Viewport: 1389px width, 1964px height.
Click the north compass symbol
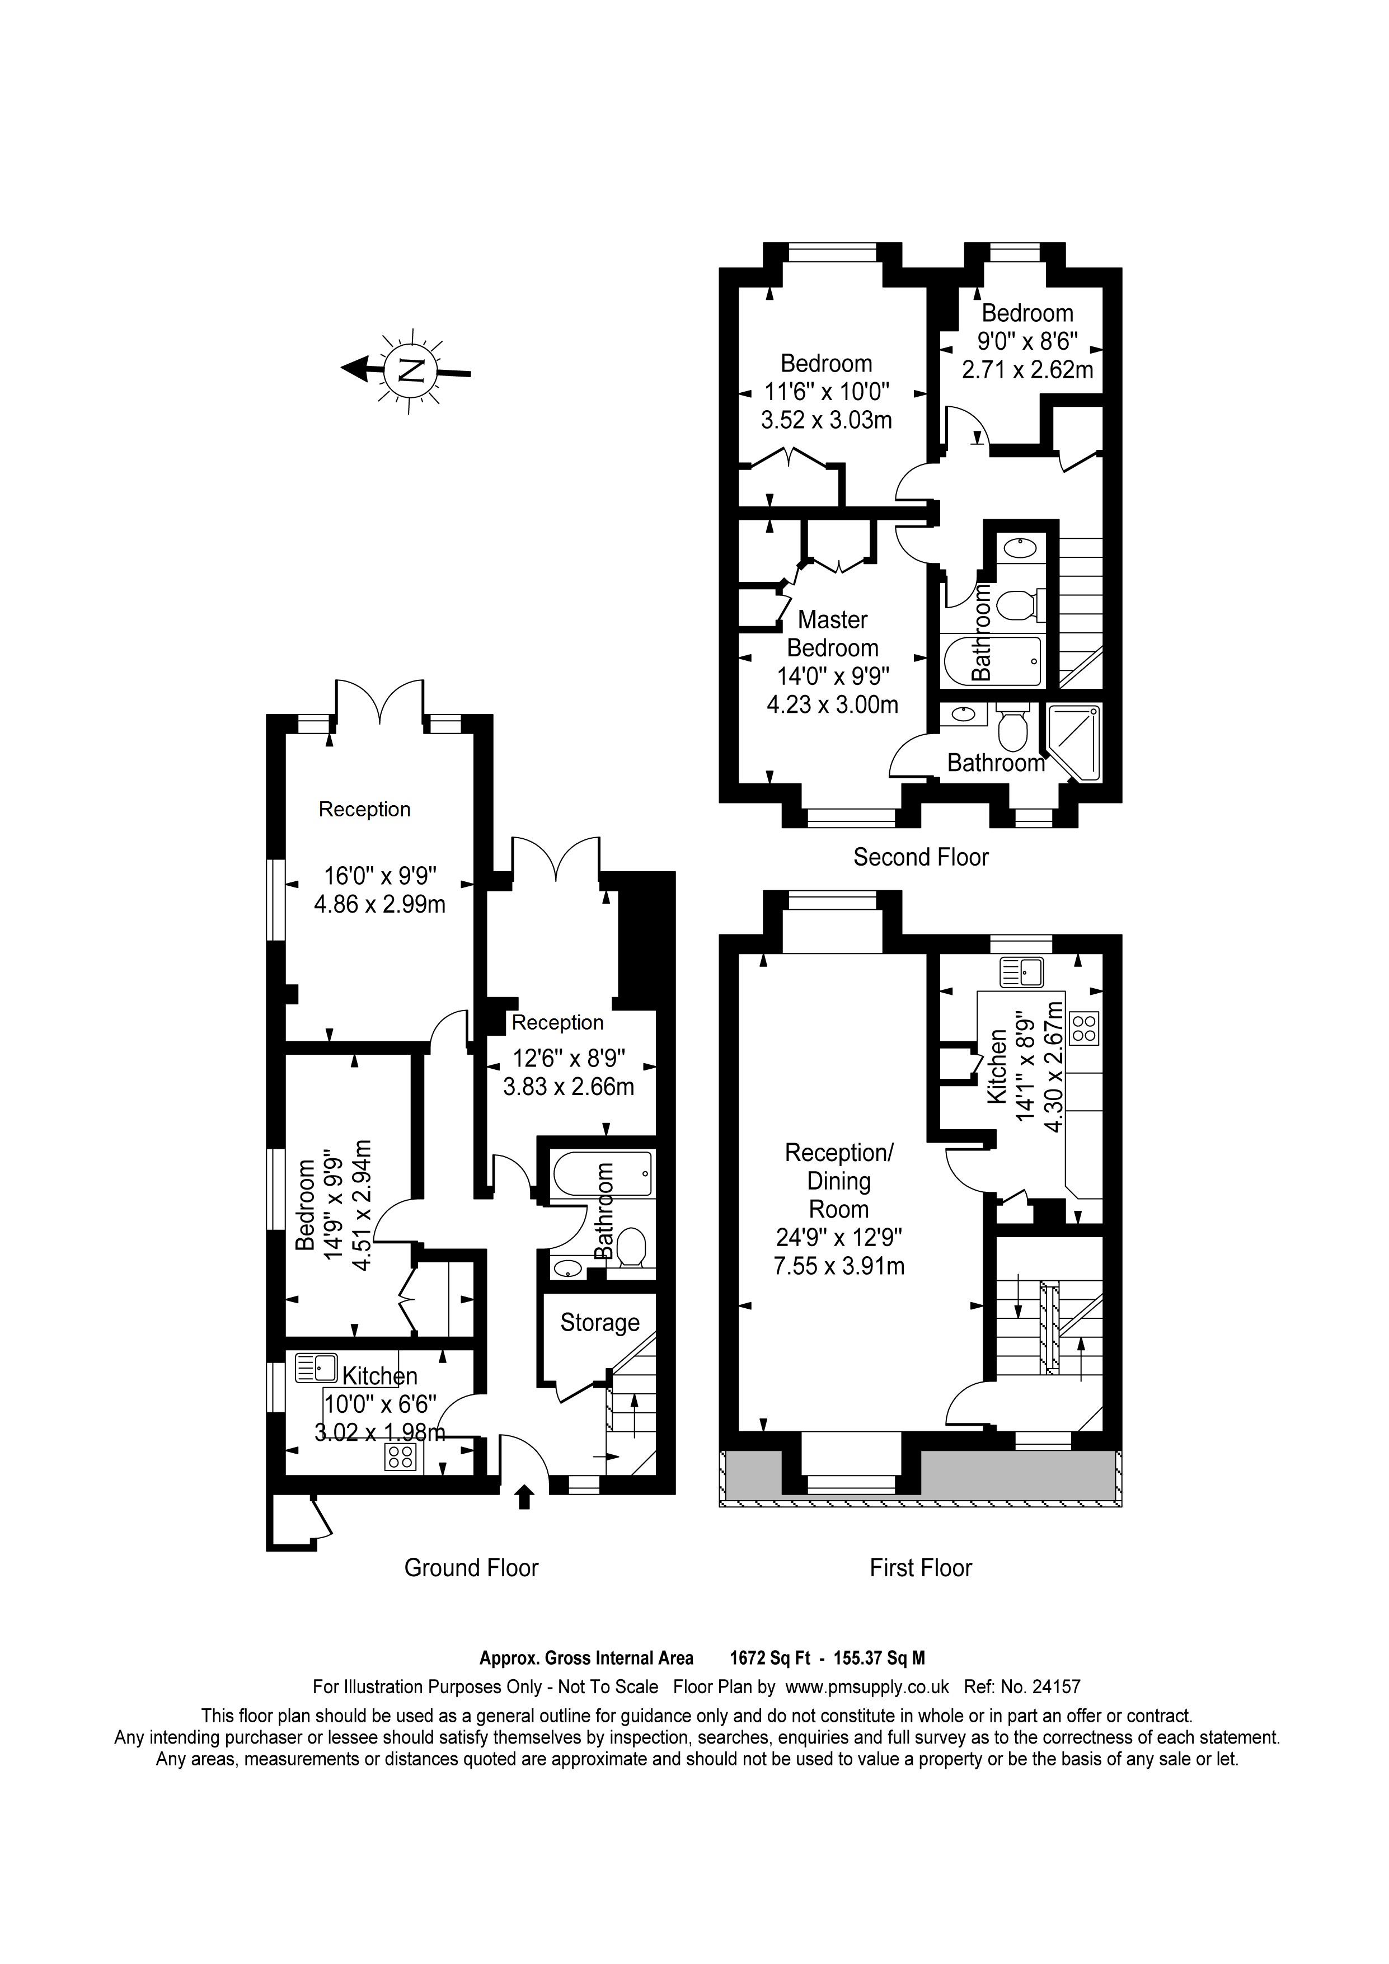[407, 370]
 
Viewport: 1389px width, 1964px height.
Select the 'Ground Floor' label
[471, 1568]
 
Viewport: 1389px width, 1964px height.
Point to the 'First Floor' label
[921, 1568]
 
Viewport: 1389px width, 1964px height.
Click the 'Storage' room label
[599, 1322]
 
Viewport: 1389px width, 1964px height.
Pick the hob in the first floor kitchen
[1085, 1028]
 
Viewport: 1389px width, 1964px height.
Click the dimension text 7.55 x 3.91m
[839, 1266]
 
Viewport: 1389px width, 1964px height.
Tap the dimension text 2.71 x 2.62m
[1027, 369]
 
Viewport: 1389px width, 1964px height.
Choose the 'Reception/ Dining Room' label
[839, 1181]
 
